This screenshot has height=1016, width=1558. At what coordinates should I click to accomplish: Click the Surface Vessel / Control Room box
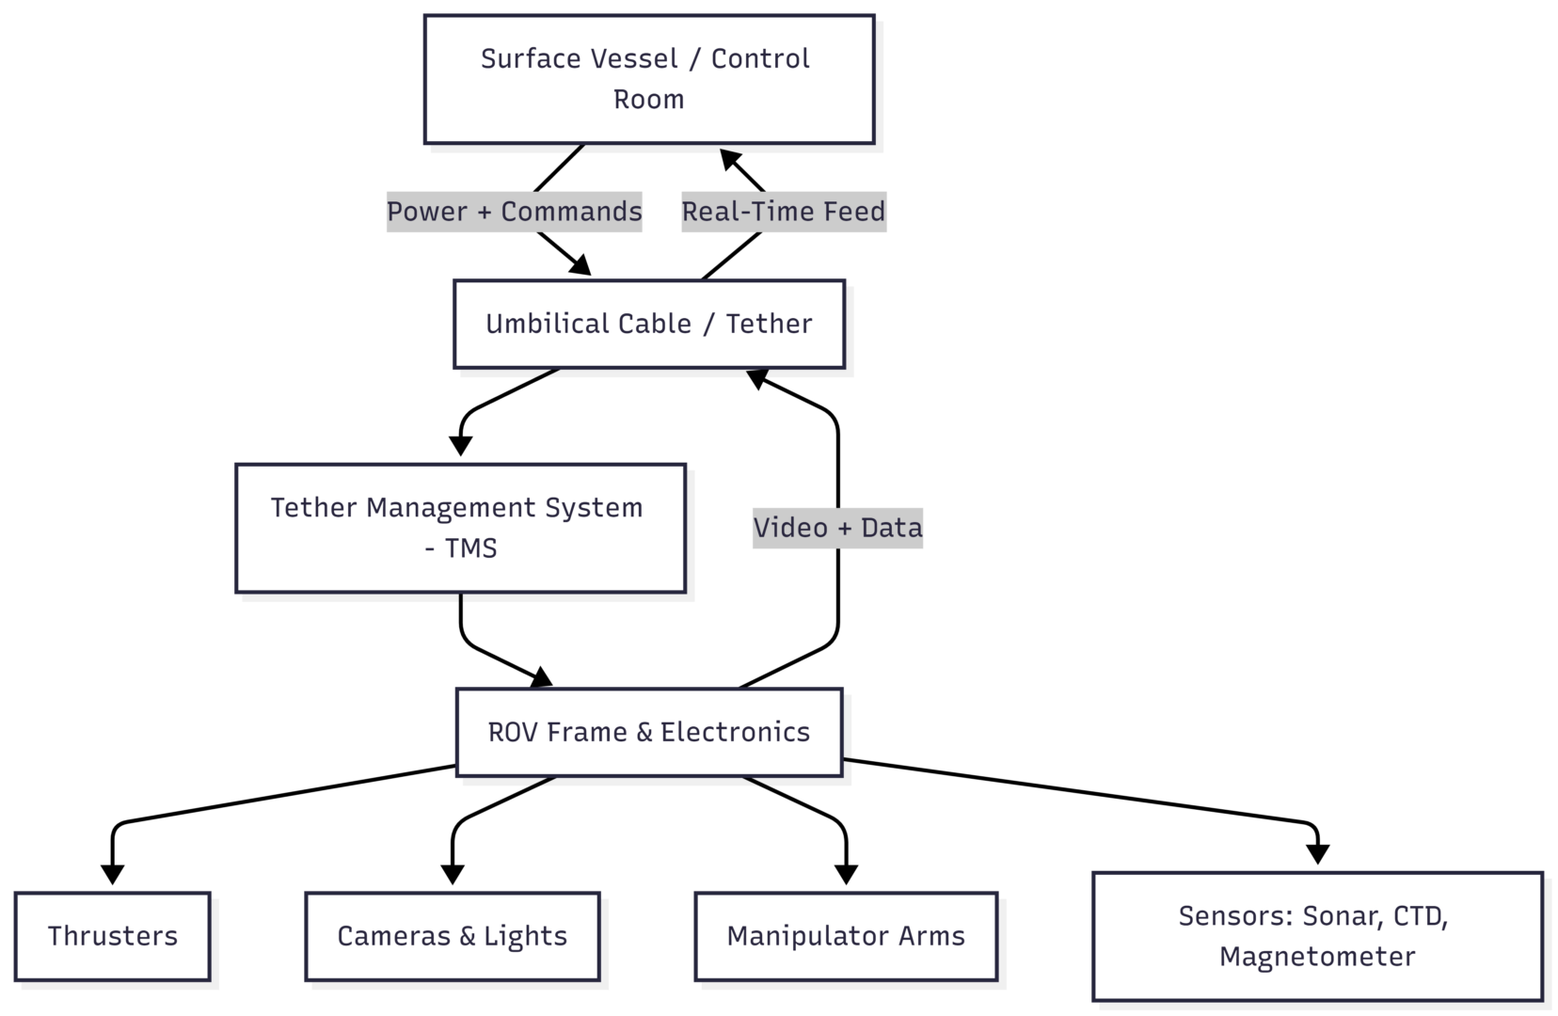[649, 79]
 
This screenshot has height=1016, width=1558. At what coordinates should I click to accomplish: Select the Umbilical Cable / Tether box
[649, 324]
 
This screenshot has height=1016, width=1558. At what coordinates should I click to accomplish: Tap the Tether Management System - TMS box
[460, 528]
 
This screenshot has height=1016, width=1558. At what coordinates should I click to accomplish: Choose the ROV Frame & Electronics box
[649, 732]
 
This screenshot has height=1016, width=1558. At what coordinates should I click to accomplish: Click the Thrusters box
[113, 936]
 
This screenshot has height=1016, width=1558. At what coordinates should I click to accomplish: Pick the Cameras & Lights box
[453, 936]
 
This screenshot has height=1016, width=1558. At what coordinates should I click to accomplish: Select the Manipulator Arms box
[846, 936]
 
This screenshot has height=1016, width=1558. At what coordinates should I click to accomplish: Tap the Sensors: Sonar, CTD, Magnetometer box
[1317, 936]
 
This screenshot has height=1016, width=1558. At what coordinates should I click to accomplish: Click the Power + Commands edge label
[515, 212]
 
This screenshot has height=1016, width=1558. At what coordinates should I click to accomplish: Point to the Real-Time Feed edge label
[784, 212]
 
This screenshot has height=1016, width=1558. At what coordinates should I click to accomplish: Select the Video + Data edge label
[837, 528]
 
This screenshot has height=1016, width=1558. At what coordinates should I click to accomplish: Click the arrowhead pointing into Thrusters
[113, 874]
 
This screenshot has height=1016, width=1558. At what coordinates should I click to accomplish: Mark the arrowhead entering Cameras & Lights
[453, 874]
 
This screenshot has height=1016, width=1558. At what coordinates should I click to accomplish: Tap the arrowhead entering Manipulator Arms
[846, 874]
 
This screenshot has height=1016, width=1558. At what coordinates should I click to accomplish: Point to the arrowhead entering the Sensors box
[1317, 853]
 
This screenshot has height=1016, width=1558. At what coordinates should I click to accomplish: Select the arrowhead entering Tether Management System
[460, 445]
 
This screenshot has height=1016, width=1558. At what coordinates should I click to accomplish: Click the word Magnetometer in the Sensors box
[1317, 957]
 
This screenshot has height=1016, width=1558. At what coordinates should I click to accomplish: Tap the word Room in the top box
[649, 100]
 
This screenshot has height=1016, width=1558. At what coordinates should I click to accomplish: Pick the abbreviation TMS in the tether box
[470, 548]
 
